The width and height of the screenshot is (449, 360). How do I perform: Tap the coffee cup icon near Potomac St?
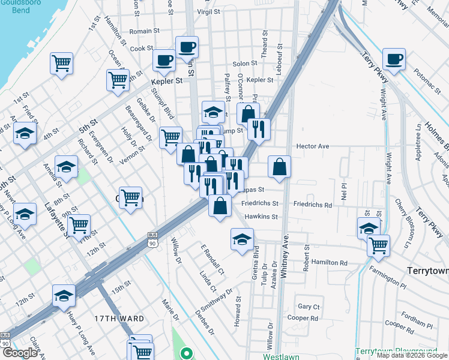(394, 59)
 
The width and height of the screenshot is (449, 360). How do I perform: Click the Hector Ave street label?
(313, 146)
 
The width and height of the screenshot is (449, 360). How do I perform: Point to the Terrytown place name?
(427, 271)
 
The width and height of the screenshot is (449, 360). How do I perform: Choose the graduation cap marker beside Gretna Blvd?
(241, 239)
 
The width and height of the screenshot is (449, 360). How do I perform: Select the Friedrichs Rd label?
(312, 205)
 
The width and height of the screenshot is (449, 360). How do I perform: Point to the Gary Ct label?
(309, 306)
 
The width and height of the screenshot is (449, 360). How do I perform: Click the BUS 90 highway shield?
(152, 239)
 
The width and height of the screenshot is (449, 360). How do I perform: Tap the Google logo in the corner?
(20, 353)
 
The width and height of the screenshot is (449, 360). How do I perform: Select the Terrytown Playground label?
(396, 351)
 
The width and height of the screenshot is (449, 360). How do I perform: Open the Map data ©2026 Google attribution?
(412, 355)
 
